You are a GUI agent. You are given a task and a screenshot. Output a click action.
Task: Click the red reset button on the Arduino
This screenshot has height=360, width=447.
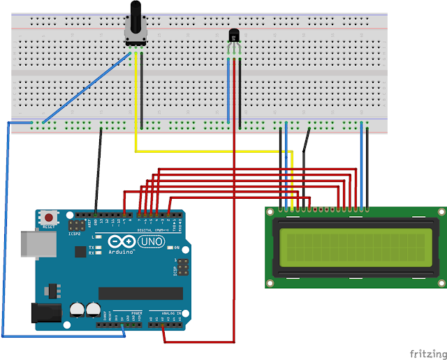pos(49,217)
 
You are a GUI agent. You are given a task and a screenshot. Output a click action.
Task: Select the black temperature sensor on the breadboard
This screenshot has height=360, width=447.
pos(235,34)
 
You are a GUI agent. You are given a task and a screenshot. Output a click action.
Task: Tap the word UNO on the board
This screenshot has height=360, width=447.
pos(152,241)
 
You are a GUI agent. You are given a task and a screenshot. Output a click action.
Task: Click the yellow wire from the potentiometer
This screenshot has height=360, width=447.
pos(210,151)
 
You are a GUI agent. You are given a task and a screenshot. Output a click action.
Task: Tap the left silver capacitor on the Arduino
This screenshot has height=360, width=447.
pos(77,309)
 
